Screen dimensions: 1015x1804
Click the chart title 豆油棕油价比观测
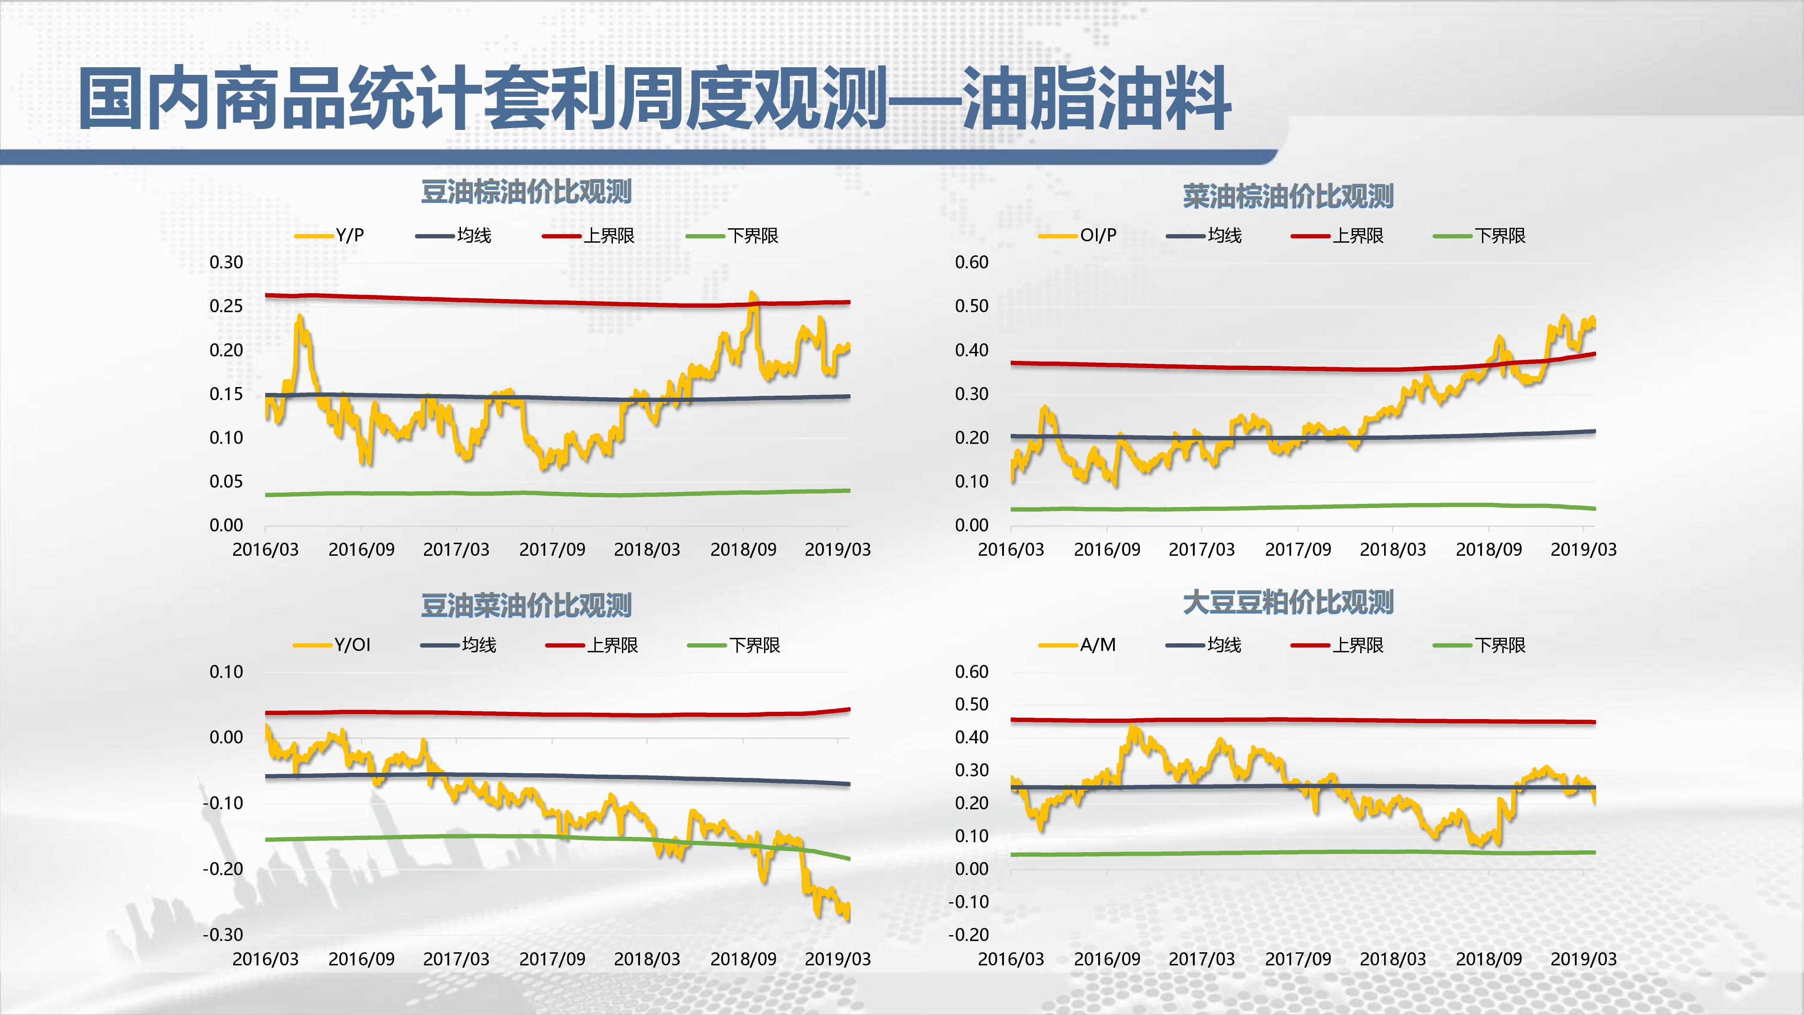pyautogui.click(x=526, y=192)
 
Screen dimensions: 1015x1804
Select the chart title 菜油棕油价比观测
pyautogui.click(x=1288, y=196)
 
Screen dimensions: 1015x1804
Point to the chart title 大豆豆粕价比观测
pyautogui.click(x=1288, y=602)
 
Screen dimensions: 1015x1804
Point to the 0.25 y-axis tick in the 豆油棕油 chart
pyautogui.click(x=226, y=306)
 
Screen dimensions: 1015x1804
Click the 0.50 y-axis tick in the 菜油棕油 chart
pyautogui.click(x=971, y=306)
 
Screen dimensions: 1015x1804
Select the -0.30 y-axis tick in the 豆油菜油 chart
pyautogui.click(x=223, y=934)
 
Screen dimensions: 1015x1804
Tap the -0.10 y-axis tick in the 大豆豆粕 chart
pyautogui.click(x=969, y=901)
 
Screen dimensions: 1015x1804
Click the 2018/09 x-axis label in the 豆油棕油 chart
pyautogui.click(x=743, y=549)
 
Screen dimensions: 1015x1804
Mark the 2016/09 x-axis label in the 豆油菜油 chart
pyautogui.click(x=361, y=959)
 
